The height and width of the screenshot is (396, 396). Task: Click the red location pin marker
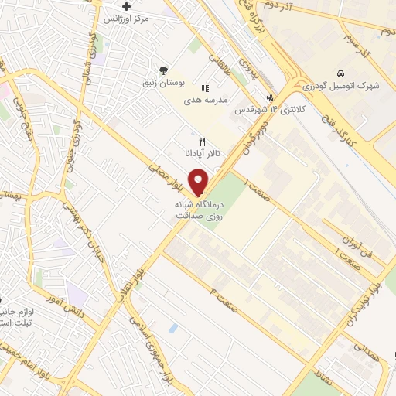coord(199,181)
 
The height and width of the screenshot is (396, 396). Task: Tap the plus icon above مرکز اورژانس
coord(126,6)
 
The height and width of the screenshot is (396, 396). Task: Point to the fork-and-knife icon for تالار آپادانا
coord(202,142)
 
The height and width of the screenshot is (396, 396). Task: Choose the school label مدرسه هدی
coord(204,101)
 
